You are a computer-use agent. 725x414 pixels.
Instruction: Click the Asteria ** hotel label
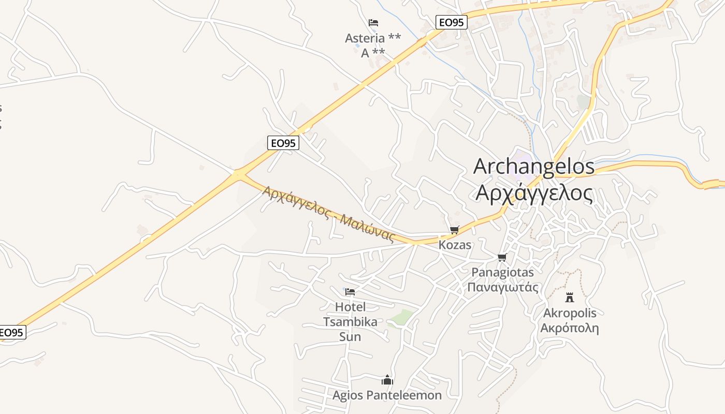pyautogui.click(x=373, y=38)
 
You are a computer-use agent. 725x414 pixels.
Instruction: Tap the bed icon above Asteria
pyautogui.click(x=373, y=22)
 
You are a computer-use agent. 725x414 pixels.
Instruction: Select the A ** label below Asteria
pyautogui.click(x=373, y=52)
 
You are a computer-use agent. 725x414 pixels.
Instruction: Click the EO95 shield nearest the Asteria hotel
pyautogui.click(x=452, y=22)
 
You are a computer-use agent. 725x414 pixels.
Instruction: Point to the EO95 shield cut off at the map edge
pyautogui.click(x=12, y=332)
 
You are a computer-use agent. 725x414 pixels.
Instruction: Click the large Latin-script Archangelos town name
pyautogui.click(x=534, y=166)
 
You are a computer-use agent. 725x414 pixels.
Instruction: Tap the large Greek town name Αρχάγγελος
pyautogui.click(x=534, y=193)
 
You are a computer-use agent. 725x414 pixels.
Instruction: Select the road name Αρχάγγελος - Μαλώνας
pyautogui.click(x=328, y=214)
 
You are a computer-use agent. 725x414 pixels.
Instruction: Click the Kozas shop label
pyautogui.click(x=455, y=245)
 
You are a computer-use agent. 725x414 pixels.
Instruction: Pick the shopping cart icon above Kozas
pyautogui.click(x=455, y=230)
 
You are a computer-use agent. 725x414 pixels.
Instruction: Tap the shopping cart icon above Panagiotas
pyautogui.click(x=502, y=257)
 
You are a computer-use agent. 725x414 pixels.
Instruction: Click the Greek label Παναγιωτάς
pyautogui.click(x=503, y=287)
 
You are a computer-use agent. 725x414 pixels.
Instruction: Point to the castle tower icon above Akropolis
pyautogui.click(x=570, y=297)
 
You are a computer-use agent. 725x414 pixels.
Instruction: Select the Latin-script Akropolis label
pyautogui.click(x=570, y=313)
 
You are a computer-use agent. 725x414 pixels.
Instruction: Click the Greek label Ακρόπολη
pyautogui.click(x=570, y=328)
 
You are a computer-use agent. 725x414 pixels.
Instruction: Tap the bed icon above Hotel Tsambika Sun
pyautogui.click(x=350, y=292)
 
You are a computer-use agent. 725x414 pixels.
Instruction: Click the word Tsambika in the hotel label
pyautogui.click(x=350, y=322)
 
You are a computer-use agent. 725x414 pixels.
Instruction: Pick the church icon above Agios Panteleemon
pyautogui.click(x=387, y=380)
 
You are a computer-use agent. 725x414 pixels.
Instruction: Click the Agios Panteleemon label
pyautogui.click(x=387, y=395)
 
